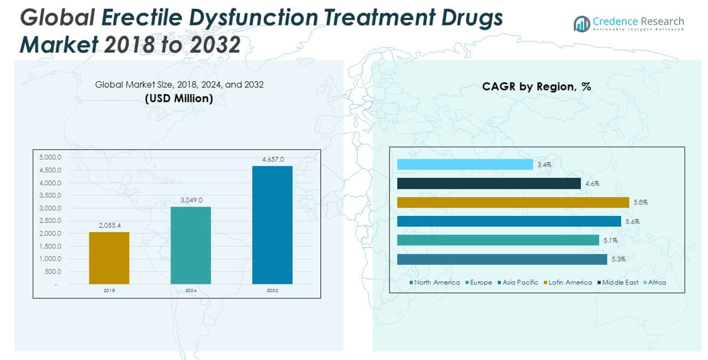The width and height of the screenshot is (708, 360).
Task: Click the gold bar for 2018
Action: [109, 258]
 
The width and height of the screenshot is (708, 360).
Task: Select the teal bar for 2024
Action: [191, 245]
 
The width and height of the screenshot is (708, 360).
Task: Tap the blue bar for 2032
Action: [272, 225]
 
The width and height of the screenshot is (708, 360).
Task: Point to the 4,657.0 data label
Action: [272, 160]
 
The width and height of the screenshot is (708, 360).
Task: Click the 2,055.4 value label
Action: [109, 225]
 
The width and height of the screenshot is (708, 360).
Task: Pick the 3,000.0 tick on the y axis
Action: [51, 208]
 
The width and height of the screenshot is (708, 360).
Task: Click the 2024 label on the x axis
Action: [191, 291]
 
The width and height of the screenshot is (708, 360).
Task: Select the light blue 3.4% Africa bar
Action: [465, 164]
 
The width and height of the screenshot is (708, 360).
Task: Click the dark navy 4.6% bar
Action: [489, 183]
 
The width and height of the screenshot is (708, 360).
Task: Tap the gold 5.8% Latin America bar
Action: [513, 202]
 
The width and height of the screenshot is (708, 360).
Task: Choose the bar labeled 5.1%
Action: [498, 240]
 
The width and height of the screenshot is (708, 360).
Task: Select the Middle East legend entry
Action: [620, 283]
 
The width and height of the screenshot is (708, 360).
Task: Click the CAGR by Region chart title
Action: [536, 87]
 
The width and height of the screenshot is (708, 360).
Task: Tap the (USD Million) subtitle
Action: [179, 98]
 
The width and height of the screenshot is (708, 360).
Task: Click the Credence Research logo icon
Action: [581, 24]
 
